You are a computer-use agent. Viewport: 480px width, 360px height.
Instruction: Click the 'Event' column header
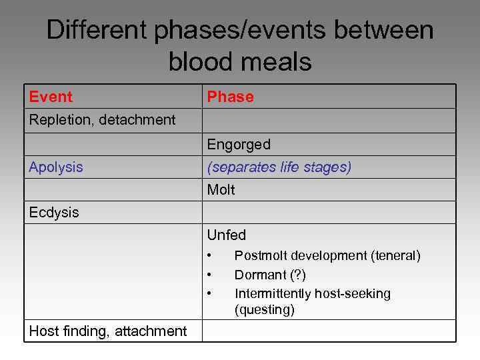(x=51, y=97)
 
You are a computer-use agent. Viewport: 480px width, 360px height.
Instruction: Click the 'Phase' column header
(x=230, y=97)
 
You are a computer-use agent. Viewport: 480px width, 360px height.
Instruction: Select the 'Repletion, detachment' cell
(x=102, y=120)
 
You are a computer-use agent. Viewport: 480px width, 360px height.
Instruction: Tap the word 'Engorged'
(x=239, y=145)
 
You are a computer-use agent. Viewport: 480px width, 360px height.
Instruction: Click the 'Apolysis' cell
(x=56, y=167)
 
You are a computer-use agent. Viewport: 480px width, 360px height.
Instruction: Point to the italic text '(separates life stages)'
(x=279, y=167)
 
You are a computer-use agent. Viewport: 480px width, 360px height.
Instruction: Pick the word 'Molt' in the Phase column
(x=221, y=190)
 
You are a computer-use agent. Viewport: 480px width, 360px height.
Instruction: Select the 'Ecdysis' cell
(x=54, y=213)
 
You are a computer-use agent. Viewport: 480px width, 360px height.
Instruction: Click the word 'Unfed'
(x=227, y=235)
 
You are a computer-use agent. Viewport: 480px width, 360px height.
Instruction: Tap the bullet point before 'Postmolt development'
(x=209, y=255)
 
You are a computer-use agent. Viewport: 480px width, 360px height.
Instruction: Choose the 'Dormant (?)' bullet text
(x=270, y=275)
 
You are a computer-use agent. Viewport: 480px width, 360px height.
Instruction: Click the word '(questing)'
(x=265, y=310)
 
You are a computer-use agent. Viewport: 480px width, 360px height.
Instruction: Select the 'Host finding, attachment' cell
(x=108, y=331)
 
